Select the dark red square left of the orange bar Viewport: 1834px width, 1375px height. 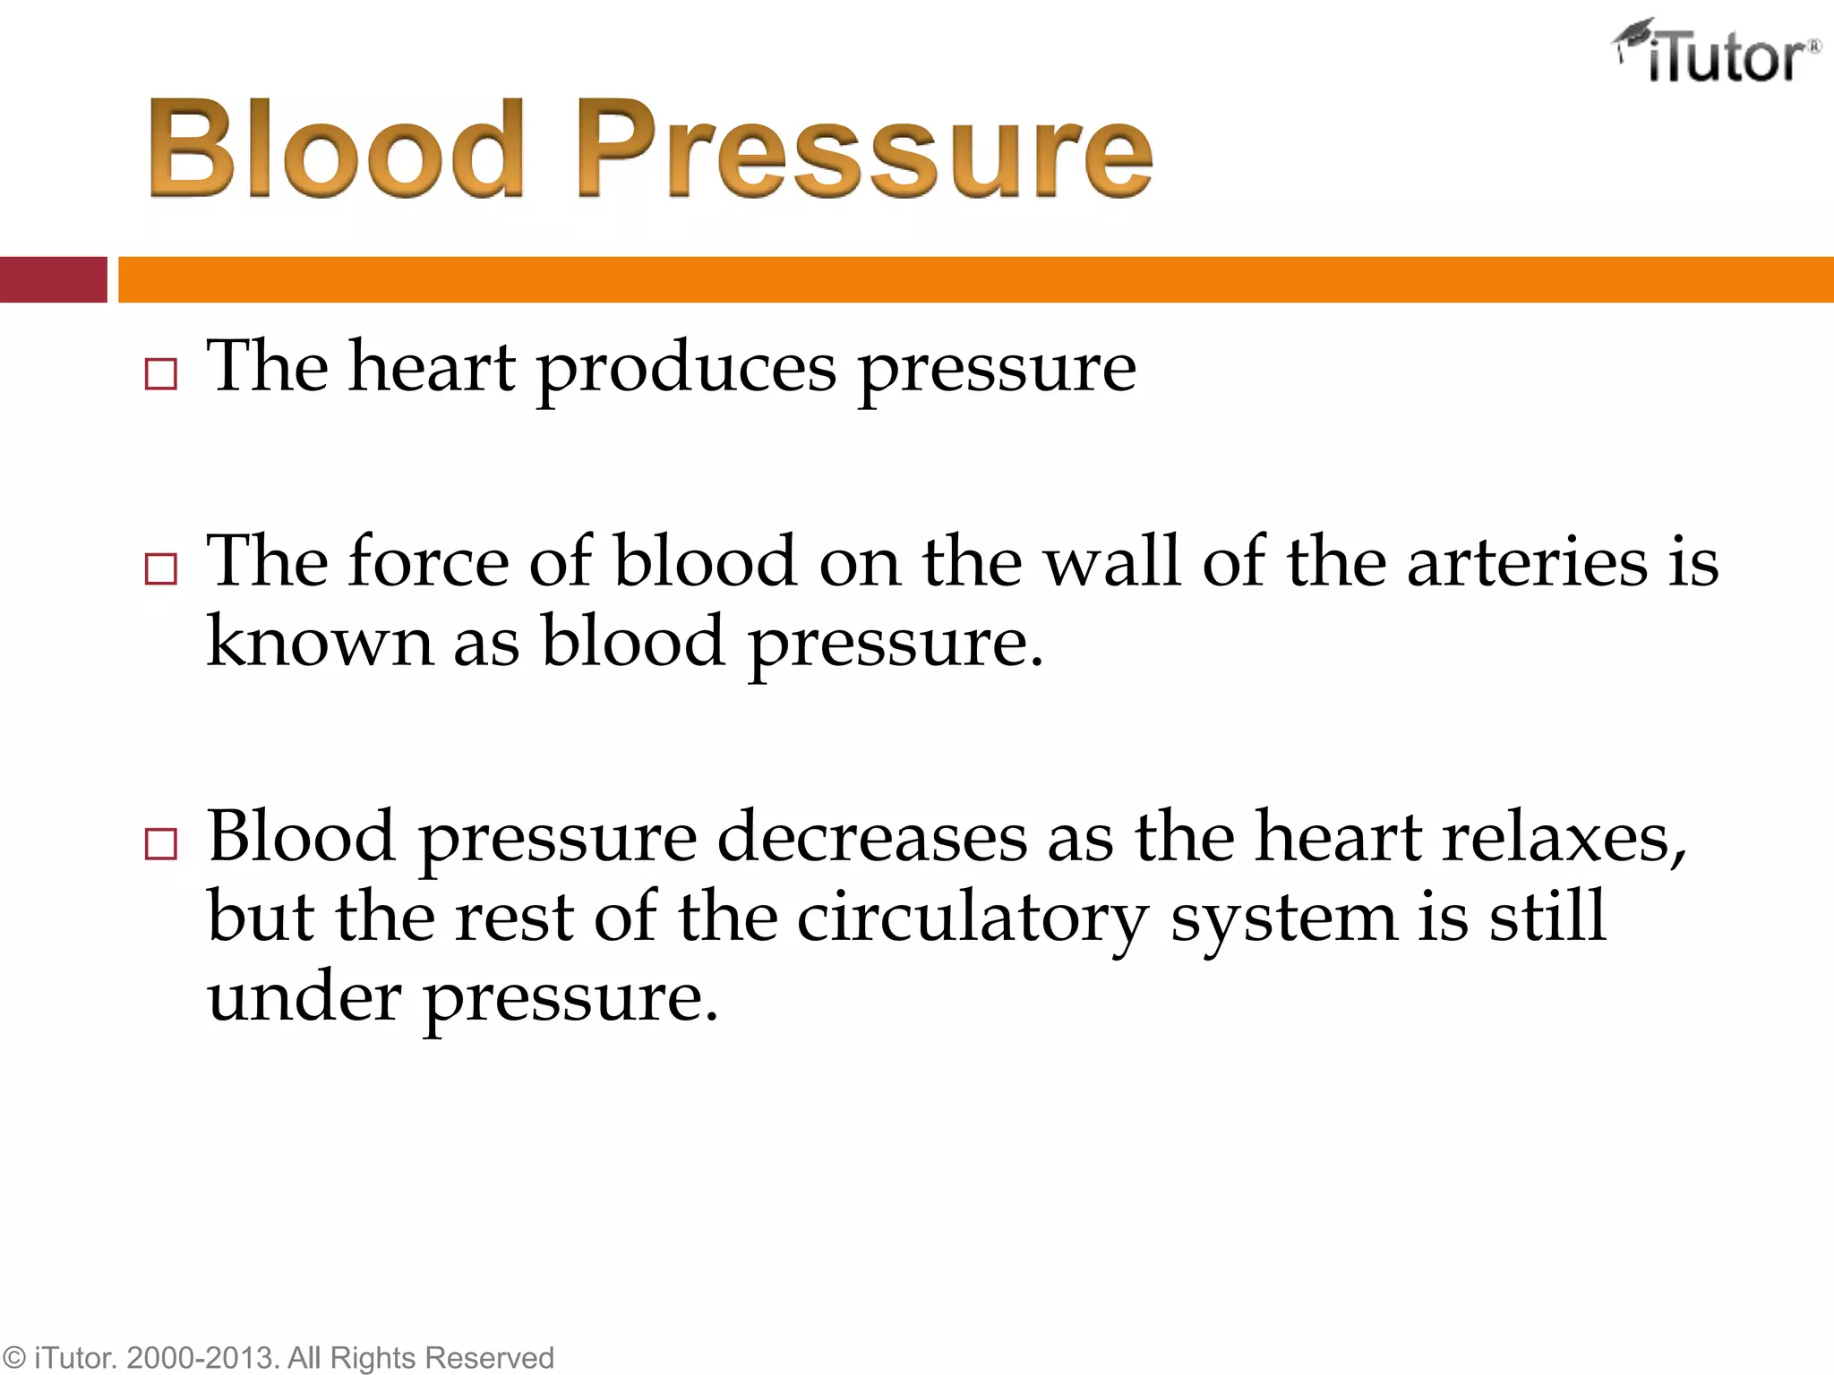pos(53,279)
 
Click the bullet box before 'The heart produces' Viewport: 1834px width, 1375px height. pos(160,375)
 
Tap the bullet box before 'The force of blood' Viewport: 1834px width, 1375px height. pos(160,569)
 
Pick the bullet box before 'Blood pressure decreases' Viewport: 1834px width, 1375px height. pos(160,844)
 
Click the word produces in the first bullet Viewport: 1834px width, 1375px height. pos(687,369)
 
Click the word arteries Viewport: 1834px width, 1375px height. pos(1527,562)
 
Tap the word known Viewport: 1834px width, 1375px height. pos(320,641)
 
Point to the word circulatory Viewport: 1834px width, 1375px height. pos(972,918)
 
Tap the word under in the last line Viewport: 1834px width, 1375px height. pos(304,997)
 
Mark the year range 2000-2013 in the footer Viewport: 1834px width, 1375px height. pos(204,1358)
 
